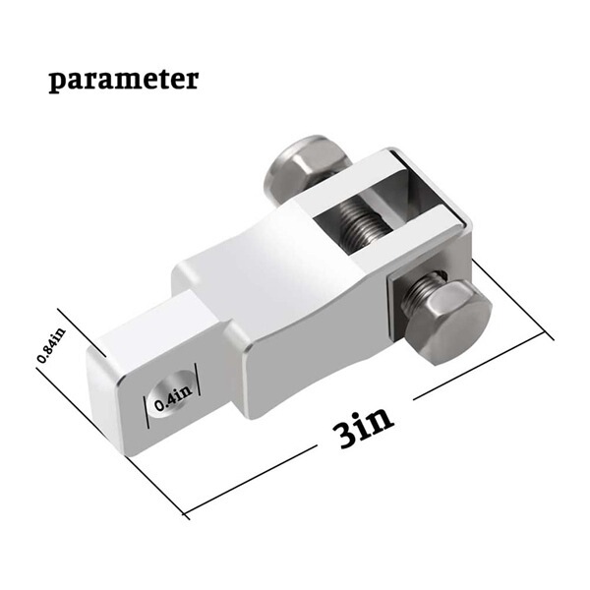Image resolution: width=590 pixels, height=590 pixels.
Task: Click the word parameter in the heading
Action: tap(123, 80)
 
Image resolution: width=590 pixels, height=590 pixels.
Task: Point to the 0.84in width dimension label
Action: tap(44, 346)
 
